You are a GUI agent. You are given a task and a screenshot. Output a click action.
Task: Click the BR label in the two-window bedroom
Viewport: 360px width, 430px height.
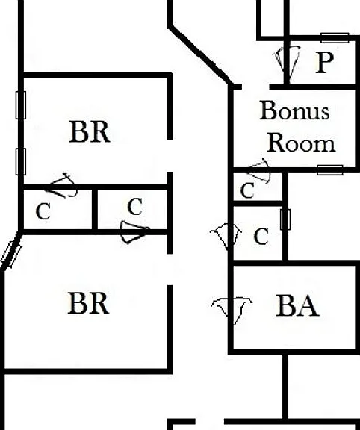(x=90, y=132)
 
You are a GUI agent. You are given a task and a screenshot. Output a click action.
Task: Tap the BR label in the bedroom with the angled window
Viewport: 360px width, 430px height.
(x=88, y=303)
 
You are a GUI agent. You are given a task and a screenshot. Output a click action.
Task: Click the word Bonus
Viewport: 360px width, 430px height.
(x=294, y=110)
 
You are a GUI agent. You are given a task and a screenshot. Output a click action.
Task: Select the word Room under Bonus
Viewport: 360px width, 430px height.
(x=301, y=143)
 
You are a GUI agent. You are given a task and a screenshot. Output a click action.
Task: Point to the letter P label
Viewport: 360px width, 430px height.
(x=325, y=63)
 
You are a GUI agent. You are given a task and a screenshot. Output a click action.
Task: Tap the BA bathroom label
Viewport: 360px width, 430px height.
(x=298, y=305)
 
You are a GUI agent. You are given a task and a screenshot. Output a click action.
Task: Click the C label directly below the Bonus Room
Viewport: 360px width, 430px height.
(x=247, y=190)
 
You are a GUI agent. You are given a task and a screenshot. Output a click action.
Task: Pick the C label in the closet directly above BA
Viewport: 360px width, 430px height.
(x=261, y=237)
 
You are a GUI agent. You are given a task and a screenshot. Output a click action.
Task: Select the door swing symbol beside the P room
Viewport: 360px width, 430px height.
(x=287, y=64)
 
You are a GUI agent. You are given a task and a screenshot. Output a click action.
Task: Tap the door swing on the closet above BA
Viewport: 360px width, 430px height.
(x=226, y=237)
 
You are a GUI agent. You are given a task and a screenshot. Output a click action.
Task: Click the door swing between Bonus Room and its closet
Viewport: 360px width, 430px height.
(x=260, y=170)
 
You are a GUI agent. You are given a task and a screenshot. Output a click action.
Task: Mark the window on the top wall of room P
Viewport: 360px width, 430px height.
(x=335, y=38)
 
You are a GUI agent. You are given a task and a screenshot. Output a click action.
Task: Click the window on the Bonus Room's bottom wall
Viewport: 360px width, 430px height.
(x=330, y=170)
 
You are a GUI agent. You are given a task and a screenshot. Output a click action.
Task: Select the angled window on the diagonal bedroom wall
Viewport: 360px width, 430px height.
(x=11, y=255)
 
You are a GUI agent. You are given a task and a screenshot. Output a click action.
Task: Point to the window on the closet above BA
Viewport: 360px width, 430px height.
(x=285, y=219)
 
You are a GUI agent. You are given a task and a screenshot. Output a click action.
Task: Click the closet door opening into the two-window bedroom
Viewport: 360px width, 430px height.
(x=63, y=186)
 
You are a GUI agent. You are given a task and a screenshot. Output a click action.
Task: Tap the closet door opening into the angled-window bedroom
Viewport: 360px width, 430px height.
(x=135, y=232)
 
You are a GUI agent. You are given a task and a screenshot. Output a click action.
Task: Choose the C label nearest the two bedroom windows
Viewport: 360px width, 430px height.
(x=43, y=211)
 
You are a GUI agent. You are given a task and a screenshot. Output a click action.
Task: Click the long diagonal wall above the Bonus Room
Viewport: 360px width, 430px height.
(x=201, y=54)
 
